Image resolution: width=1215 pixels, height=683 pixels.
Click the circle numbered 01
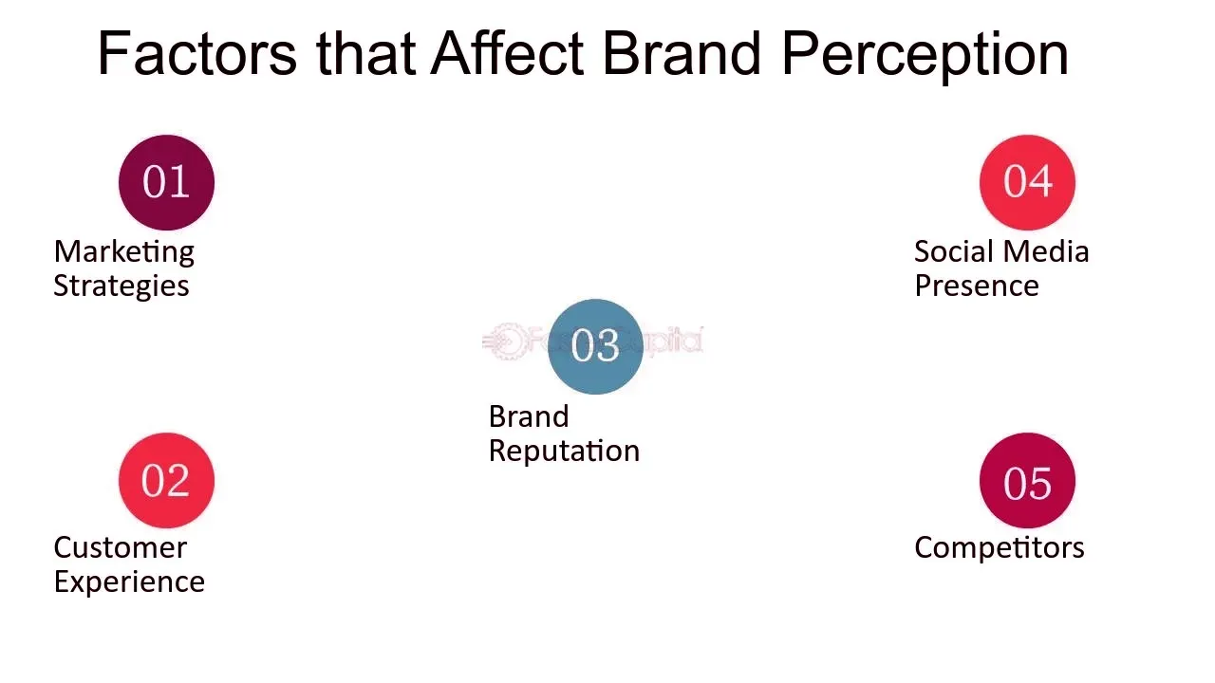166,183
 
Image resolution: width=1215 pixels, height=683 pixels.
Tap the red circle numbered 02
166,481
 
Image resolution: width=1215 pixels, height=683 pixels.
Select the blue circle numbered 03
595,347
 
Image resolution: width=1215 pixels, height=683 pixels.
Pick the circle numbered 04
1027,183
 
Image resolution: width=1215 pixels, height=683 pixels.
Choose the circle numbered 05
1027,481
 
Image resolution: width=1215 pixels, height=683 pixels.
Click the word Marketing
124,253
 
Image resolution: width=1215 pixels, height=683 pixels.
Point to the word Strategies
121,286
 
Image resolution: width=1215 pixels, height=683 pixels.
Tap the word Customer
121,547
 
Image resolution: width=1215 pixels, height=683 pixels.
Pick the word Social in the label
954,251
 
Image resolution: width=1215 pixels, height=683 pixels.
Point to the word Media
1046,251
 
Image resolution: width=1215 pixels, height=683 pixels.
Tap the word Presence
977,286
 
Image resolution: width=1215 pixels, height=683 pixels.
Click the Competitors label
1000,548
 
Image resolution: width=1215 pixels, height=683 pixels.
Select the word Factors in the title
197,54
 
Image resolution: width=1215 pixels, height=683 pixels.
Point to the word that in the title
366,53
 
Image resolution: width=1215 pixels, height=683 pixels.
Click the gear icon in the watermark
508,341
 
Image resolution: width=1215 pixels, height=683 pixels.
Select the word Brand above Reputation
529,416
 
